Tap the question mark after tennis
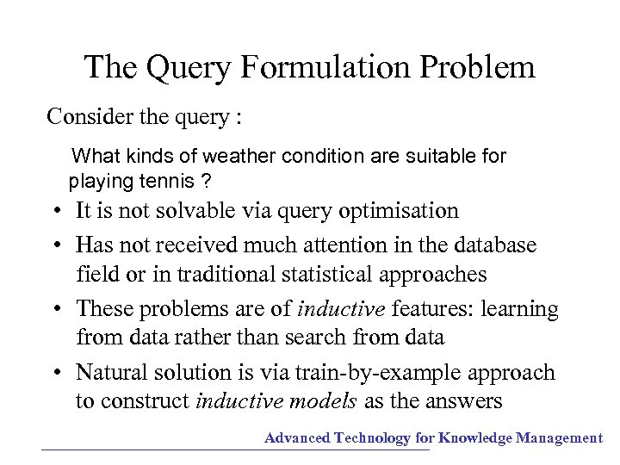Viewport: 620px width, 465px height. coord(207,182)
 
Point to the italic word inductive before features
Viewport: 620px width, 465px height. coord(342,308)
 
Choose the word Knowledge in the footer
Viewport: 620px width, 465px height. coord(475,438)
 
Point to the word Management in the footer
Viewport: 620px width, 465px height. coord(559,438)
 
